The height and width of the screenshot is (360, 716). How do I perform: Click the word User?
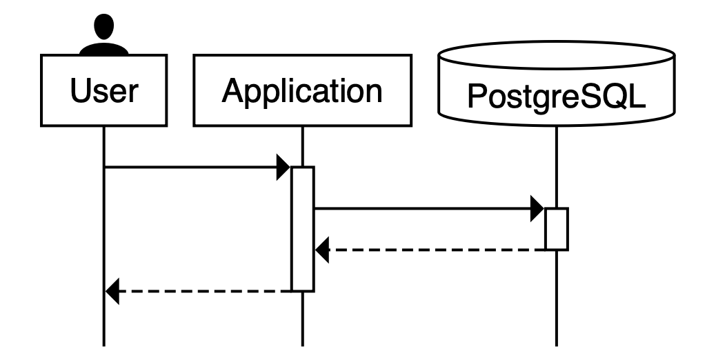[104, 91]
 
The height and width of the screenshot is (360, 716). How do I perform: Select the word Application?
[302, 91]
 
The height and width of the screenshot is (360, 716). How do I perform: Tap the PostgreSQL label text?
[556, 97]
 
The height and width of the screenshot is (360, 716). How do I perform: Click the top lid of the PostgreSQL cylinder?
[556, 55]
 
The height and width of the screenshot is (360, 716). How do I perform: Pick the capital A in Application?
[232, 91]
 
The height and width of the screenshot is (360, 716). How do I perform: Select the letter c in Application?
[291, 92]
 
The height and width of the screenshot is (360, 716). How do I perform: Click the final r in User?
[132, 92]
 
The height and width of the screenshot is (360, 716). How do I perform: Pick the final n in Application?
[372, 92]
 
